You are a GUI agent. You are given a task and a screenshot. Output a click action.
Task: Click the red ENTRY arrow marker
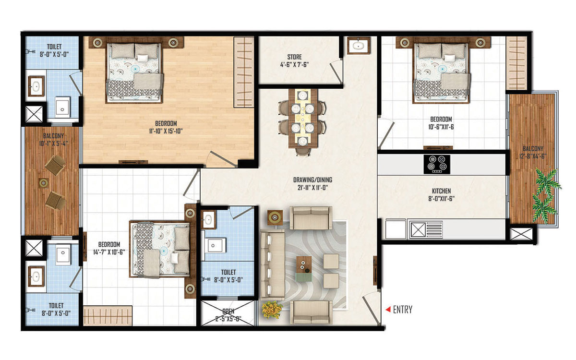pos(388,309)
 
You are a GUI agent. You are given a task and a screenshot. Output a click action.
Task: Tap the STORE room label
pos(294,57)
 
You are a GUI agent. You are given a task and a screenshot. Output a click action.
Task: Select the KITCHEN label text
pos(441,191)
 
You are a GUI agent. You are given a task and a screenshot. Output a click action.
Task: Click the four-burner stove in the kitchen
pos(437,164)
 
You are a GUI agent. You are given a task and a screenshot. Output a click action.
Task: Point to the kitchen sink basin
pos(417,229)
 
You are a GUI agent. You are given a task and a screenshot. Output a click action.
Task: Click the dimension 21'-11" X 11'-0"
pos(312,188)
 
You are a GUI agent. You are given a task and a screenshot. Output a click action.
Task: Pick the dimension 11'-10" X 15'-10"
pos(166,131)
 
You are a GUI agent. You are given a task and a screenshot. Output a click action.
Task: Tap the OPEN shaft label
pos(228,312)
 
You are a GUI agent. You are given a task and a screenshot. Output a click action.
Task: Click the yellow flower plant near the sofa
pos(272,310)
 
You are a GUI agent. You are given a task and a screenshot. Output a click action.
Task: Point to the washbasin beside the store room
pos(359,46)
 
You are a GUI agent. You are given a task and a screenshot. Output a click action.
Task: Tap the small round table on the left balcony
pos(44,183)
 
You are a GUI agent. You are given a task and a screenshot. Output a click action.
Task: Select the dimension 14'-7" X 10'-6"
pos(109,252)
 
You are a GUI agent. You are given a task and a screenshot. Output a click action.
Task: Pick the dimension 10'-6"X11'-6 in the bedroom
pos(441,127)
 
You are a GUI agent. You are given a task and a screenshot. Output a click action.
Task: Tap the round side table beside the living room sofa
pos(275,217)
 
